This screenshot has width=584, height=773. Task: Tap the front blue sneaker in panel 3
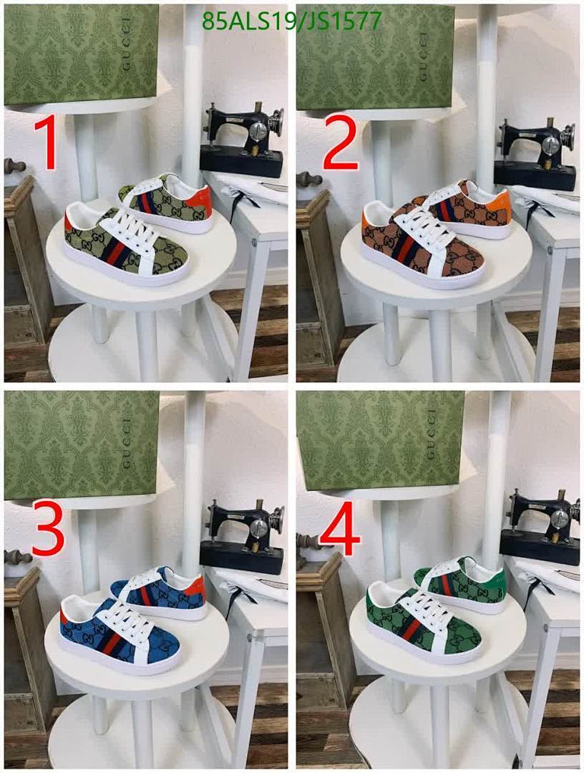[118, 632]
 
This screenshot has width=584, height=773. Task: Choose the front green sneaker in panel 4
[422, 623]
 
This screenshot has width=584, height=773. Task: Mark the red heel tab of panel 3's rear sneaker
[199, 588]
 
